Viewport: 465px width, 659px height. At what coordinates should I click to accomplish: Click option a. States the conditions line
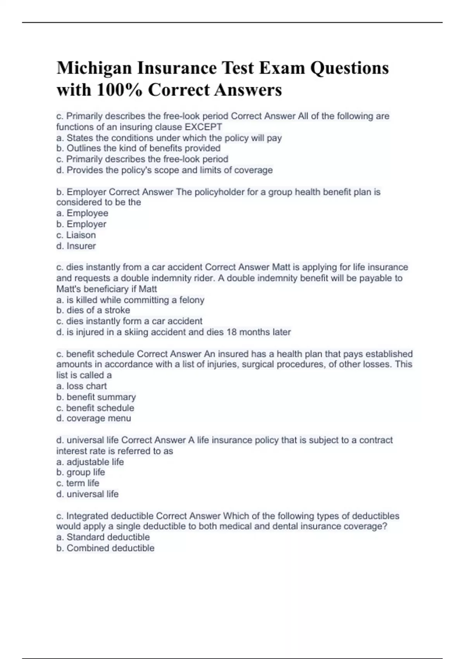click(x=169, y=138)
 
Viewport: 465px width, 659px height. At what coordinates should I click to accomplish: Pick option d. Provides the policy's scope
click(x=164, y=170)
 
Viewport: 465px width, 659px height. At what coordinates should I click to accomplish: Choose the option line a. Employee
click(x=82, y=213)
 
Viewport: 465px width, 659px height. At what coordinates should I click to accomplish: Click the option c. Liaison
click(x=76, y=235)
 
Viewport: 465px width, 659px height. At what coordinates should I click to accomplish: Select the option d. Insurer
click(x=76, y=246)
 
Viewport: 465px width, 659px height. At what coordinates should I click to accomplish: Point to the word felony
click(x=191, y=300)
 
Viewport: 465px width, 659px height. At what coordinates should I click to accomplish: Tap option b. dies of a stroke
click(x=93, y=311)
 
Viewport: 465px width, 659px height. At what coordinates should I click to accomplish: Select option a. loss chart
click(x=81, y=386)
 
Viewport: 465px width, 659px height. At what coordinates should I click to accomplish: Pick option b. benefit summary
click(x=96, y=397)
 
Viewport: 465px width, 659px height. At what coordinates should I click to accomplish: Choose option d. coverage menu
click(x=94, y=418)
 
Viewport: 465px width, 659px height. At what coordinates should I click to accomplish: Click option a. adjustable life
click(x=90, y=462)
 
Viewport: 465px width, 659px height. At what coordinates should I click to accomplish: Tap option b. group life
click(x=81, y=472)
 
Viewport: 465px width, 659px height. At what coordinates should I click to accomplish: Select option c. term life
click(x=77, y=483)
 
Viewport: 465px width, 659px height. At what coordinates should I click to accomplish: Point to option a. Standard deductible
click(x=103, y=537)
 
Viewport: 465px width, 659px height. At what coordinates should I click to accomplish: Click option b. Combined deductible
click(x=105, y=548)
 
